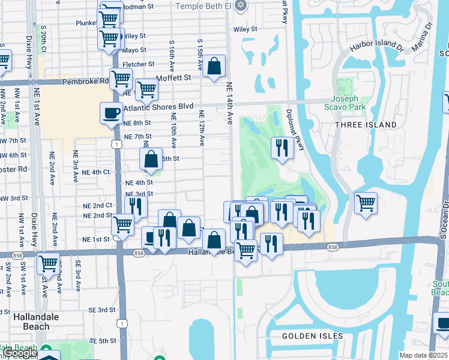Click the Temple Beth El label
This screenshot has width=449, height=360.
202,6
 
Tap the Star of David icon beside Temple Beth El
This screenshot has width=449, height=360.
241,5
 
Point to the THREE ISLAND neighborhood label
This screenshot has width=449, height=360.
367,125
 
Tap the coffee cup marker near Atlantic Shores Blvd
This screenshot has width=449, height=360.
111,113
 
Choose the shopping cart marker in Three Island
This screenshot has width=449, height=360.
365,203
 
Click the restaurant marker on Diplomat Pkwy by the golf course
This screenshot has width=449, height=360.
282,147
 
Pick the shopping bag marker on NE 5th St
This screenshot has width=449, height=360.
151,159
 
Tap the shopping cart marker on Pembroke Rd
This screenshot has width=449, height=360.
121,78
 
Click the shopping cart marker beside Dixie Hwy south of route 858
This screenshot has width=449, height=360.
48,263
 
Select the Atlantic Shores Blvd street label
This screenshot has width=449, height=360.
158,107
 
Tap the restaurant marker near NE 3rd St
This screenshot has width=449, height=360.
137,206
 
